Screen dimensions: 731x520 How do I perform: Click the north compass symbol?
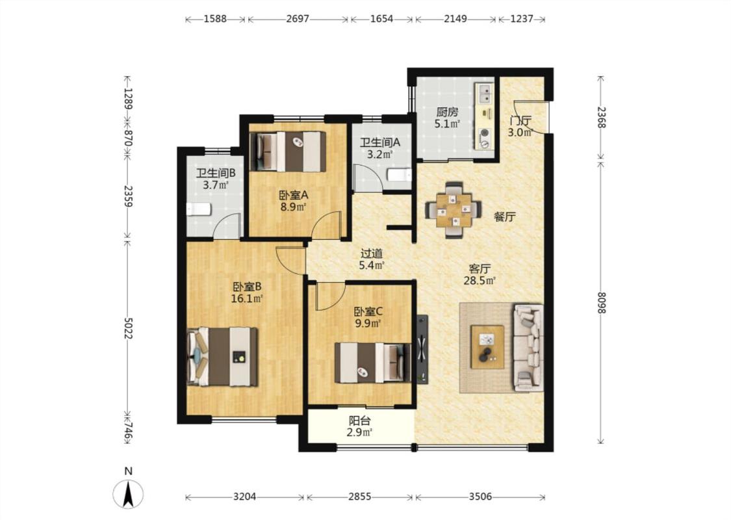128,493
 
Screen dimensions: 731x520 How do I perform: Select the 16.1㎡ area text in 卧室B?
247,298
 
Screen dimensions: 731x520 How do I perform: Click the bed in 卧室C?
373,363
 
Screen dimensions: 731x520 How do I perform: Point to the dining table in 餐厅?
454,210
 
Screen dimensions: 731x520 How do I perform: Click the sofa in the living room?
529,348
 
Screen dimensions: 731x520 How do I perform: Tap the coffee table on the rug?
487,347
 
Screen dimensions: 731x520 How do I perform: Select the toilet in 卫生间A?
400,175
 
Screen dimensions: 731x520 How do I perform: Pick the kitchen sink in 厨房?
484,93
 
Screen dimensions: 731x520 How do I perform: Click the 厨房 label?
447,112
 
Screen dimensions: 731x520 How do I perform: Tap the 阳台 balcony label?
359,421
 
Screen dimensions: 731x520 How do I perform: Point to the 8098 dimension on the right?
601,302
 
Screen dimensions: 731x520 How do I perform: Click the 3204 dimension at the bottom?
245,497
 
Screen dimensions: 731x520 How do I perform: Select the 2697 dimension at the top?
298,19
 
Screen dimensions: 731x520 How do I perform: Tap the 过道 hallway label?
372,253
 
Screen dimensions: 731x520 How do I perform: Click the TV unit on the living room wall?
422,348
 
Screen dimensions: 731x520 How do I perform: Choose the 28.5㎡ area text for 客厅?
480,280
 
